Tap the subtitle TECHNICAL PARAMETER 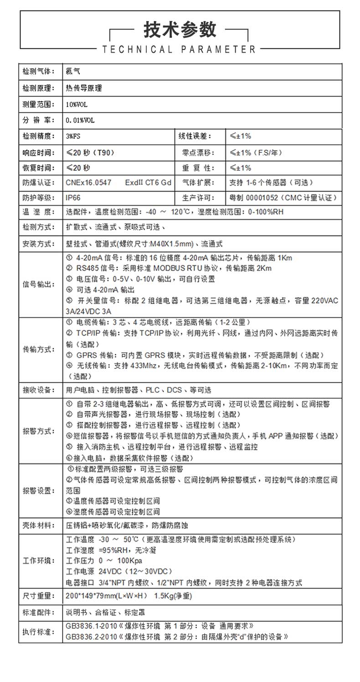pos(180,49)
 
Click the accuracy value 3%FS pos(73,136)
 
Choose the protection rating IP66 pos(73,197)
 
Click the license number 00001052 pos(262,198)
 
